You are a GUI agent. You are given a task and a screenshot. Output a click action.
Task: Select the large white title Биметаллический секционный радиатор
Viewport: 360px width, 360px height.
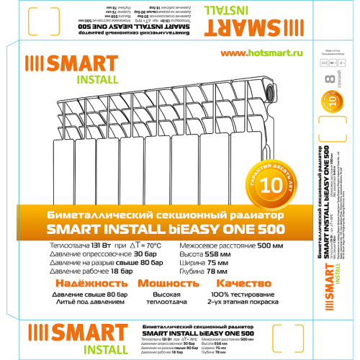(166, 216)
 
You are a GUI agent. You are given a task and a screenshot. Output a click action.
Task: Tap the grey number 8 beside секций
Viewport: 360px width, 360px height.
(331, 78)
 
